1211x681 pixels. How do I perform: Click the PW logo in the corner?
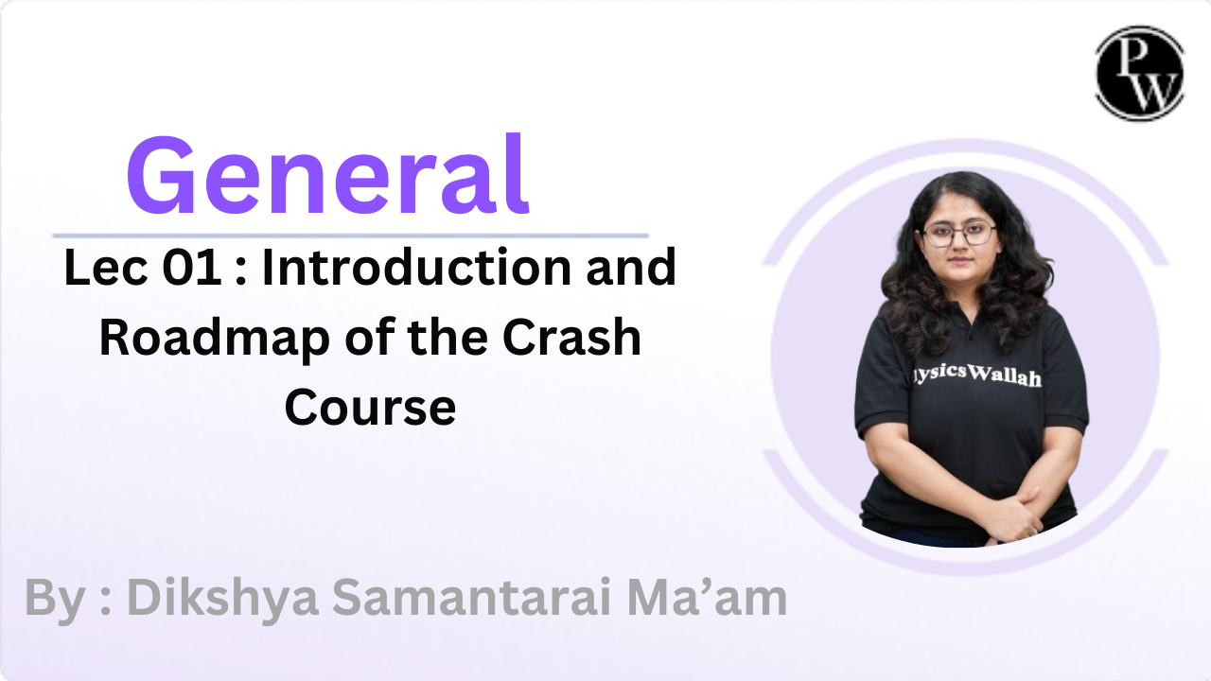pyautogui.click(x=1140, y=73)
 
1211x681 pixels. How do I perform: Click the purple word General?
pyautogui.click(x=327, y=175)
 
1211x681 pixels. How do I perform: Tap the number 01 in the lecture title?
pyautogui.click(x=191, y=267)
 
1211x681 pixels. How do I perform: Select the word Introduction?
pyautogui.click(x=416, y=267)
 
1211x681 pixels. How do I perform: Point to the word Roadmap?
pyautogui.click(x=214, y=339)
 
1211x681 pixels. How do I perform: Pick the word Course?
pyautogui.click(x=370, y=407)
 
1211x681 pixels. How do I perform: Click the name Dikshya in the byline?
pyautogui.click(x=222, y=599)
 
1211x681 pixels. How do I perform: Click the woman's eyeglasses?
pyautogui.click(x=958, y=233)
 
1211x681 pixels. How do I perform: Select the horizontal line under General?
pyautogui.click(x=351, y=236)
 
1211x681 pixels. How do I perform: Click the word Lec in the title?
pyautogui.click(x=105, y=267)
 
